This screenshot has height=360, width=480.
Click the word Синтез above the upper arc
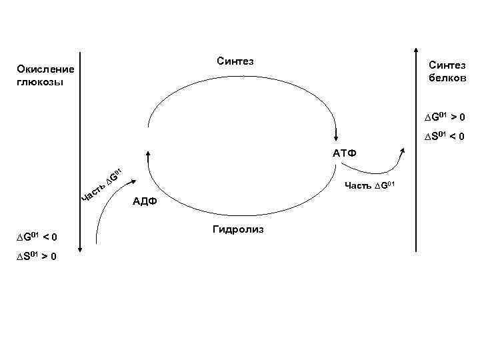coord(236,61)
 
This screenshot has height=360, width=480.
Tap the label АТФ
coord(345,154)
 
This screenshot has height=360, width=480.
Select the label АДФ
coord(145,201)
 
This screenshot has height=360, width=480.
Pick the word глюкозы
coord(41,82)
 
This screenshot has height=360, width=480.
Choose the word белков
coord(449,77)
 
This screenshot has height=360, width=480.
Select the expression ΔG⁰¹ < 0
coord(36,237)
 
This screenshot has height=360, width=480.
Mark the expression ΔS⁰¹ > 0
coord(36,257)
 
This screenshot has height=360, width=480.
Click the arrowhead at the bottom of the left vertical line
coord(80,249)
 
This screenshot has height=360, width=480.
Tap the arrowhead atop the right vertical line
coord(417,54)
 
